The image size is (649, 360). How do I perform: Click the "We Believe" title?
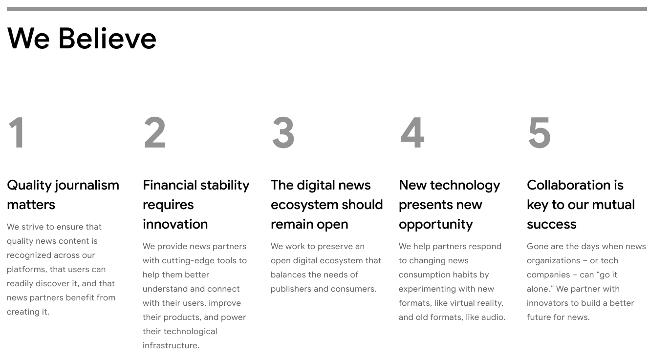(x=82, y=38)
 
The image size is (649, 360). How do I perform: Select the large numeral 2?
(x=155, y=132)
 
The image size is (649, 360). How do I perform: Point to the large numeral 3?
(x=283, y=132)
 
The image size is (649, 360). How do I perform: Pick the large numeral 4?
(x=412, y=132)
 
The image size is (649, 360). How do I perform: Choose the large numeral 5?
(x=539, y=133)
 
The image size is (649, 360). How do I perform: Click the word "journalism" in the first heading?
(x=87, y=186)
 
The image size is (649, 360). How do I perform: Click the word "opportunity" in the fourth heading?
(x=436, y=225)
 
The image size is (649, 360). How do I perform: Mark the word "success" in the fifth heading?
(x=552, y=225)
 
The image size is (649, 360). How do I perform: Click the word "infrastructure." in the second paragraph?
(x=171, y=345)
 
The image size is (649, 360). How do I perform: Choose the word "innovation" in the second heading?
(x=175, y=224)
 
